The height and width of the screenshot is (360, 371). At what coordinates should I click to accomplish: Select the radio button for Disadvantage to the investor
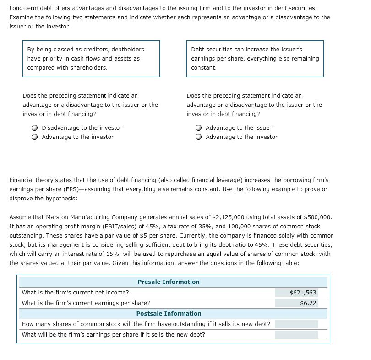click(35, 128)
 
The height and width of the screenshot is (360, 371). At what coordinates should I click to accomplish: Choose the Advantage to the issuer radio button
click(199, 128)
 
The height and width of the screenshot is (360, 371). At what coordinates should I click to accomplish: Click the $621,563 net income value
click(303, 292)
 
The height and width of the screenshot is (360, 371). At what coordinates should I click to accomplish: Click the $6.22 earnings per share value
click(308, 303)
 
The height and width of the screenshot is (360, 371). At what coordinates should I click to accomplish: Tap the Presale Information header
click(169, 282)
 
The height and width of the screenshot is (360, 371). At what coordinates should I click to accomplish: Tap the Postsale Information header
click(169, 313)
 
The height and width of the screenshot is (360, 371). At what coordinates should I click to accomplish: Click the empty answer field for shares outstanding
click(296, 324)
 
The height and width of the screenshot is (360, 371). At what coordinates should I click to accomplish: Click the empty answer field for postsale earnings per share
click(296, 334)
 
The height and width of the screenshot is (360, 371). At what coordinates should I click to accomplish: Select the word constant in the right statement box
click(204, 67)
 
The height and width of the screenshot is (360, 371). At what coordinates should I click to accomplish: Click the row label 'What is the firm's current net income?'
click(76, 292)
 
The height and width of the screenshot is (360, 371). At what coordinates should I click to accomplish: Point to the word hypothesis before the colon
click(60, 198)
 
